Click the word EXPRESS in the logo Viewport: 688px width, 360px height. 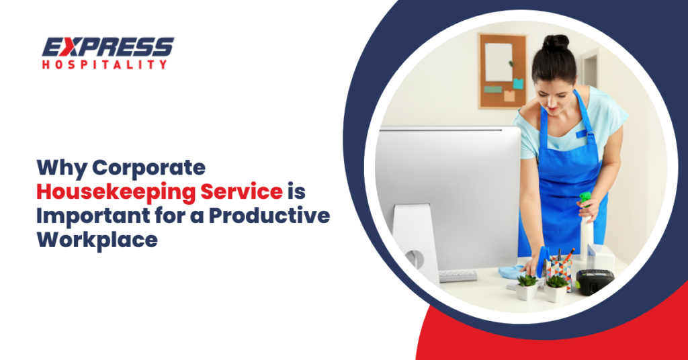108,47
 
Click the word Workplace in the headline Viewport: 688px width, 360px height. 98,239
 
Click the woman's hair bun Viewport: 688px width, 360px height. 556,43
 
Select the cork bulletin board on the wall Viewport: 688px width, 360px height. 502,70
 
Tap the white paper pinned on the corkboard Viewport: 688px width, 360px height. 498,62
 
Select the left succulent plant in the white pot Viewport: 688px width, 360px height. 527,287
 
